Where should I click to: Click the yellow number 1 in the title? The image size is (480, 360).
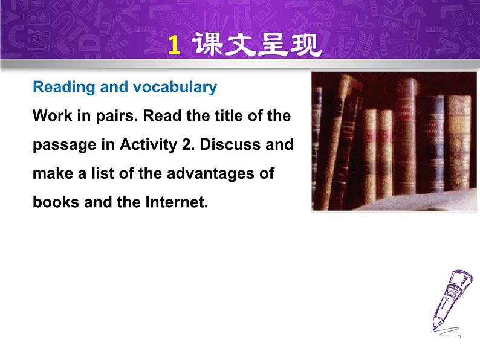coord(174,45)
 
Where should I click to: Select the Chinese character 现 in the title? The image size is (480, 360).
coord(305,45)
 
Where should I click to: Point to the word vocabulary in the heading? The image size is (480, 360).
coord(175,87)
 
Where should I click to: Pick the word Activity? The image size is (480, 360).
coord(149,145)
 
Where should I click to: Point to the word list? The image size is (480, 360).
coord(103,173)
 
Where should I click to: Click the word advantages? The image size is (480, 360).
coord(211,174)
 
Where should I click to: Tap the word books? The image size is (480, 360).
coord(56,202)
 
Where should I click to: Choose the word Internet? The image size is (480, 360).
coord(177,202)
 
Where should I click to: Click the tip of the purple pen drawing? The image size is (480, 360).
coord(434,330)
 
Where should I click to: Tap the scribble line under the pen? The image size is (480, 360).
coord(449,332)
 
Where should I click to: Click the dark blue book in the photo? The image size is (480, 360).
coord(432,143)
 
